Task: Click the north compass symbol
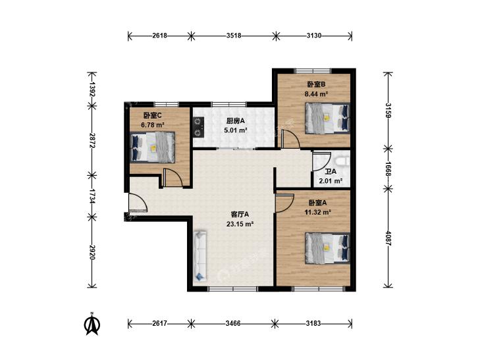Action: coord(92,324)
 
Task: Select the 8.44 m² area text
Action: coord(316,94)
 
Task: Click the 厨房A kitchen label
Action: coord(236,121)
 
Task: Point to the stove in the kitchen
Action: coord(199,127)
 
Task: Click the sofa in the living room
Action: coord(200,256)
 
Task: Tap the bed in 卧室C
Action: coord(153,147)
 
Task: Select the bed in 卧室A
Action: coord(327,247)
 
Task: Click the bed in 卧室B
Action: coord(327,118)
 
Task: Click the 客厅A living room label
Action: coord(240,214)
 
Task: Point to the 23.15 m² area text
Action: coord(240,224)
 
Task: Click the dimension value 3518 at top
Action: coord(234,36)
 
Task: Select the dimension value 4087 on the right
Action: coord(388,238)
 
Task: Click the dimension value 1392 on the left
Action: coord(92,89)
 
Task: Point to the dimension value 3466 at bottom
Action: coord(233,323)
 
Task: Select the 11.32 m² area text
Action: coord(318,212)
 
